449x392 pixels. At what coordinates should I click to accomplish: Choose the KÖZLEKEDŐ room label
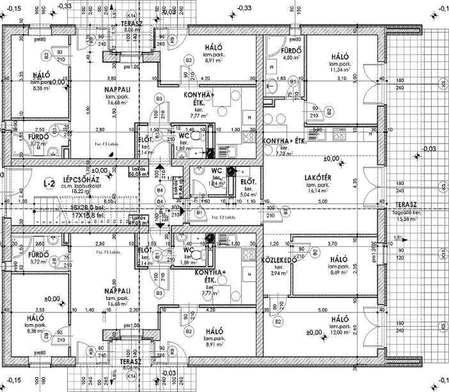(278, 261)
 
